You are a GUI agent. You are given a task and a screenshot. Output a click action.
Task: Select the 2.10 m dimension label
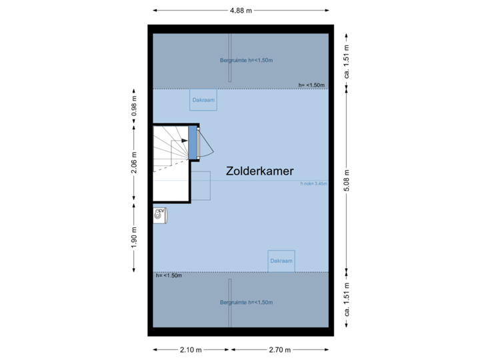click(x=191, y=349)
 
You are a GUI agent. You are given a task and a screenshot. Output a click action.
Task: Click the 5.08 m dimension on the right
click(x=347, y=180)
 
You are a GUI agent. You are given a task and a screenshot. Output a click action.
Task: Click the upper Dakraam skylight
click(x=203, y=100)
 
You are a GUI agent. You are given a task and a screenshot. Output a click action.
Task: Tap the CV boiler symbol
click(x=160, y=213)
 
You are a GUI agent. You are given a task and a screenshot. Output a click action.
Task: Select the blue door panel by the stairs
click(x=193, y=142)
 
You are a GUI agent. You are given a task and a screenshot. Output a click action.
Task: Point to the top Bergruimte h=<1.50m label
click(x=247, y=61)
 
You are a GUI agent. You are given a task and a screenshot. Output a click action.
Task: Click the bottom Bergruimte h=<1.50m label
click(x=247, y=303)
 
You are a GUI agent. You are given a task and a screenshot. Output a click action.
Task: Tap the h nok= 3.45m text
click(x=314, y=183)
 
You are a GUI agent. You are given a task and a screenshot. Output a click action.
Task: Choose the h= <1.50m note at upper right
click(x=312, y=85)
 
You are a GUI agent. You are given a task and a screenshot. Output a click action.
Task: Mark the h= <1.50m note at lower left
click(x=168, y=275)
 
